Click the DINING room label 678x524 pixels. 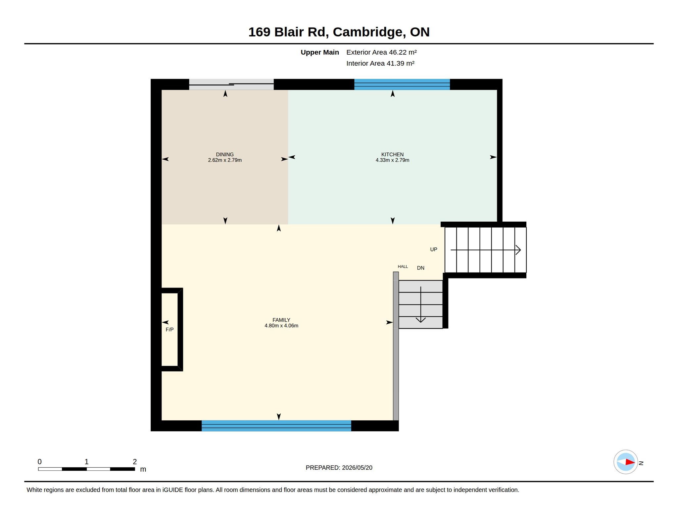tap(225, 154)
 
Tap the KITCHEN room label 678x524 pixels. tap(392, 154)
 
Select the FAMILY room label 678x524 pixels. tap(281, 320)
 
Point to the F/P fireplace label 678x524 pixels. tap(169, 330)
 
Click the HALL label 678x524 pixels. tap(403, 266)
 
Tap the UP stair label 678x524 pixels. tap(434, 249)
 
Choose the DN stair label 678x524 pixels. tap(420, 268)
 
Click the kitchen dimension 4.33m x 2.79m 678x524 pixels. tap(392, 160)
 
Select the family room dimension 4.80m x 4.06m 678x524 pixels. tap(281, 326)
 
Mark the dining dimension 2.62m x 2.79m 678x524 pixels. tap(225, 160)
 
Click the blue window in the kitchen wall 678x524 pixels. tap(402, 84)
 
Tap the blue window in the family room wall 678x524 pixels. tap(276, 426)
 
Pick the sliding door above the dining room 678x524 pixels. tap(231, 84)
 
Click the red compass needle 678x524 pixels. tap(630, 462)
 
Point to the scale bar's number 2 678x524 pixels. tap(135, 461)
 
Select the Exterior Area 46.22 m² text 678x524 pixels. tap(381, 52)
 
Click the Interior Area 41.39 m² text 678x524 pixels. tap(380, 63)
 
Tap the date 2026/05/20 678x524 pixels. tap(357, 468)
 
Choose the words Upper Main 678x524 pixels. tap(320, 52)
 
